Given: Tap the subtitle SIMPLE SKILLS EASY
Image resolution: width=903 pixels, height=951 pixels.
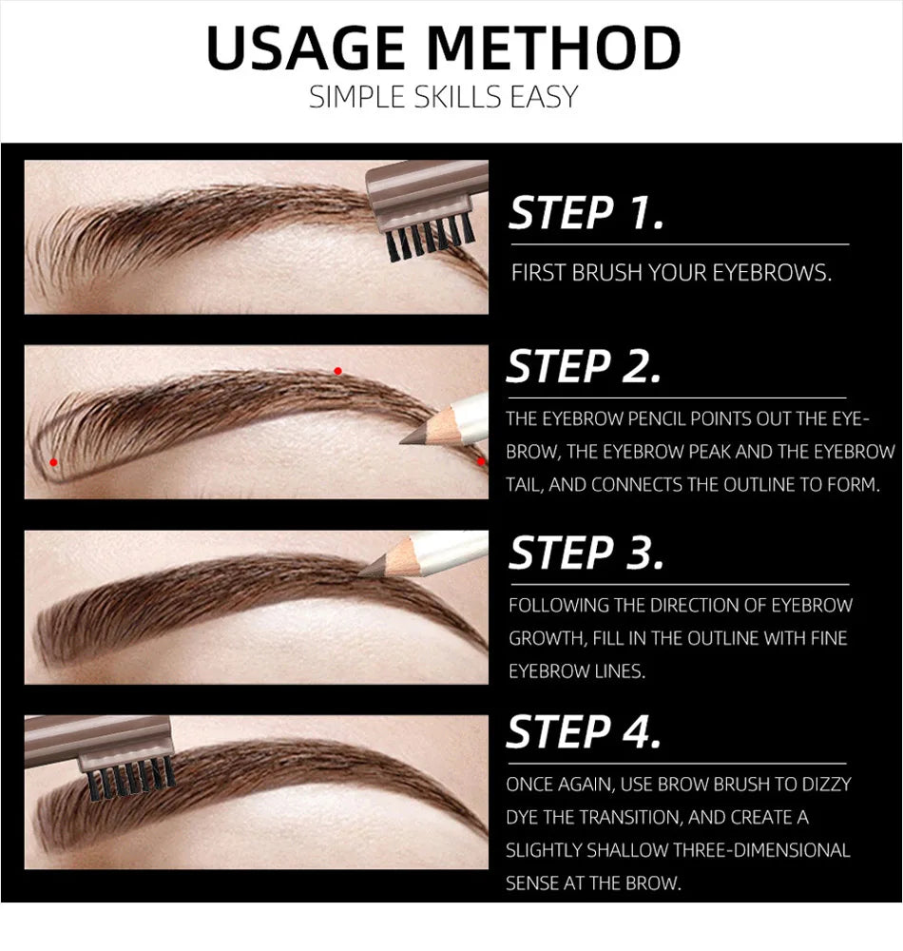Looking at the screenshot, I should [443, 97].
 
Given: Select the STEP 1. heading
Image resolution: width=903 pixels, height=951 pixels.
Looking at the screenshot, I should [586, 213].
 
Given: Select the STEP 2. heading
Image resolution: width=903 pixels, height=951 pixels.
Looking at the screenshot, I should [584, 367].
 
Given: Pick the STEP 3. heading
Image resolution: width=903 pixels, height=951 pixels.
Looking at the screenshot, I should [586, 553].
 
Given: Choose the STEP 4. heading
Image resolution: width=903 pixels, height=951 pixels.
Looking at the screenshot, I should [584, 732].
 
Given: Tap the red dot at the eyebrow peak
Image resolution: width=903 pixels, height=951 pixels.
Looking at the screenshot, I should [337, 371].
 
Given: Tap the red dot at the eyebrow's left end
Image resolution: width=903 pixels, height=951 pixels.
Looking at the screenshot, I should [54, 462].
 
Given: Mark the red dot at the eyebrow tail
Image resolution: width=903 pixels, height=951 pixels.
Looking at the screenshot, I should [481, 461].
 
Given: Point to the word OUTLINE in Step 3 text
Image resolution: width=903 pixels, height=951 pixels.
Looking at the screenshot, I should [690, 638].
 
